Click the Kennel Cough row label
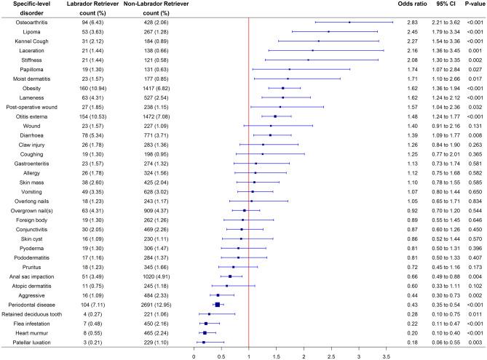click(x=26, y=41)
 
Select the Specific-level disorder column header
click(x=26, y=9)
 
